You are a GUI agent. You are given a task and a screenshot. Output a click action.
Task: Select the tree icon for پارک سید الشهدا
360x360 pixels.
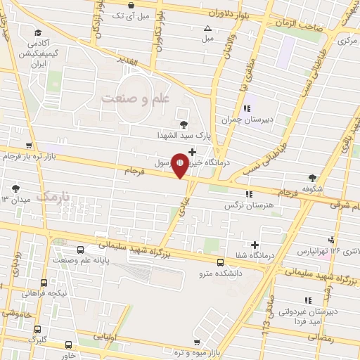(184, 124)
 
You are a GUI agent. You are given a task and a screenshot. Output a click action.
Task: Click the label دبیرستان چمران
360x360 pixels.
(246, 120)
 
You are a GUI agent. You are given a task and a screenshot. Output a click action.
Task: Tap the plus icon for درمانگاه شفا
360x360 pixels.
(254, 244)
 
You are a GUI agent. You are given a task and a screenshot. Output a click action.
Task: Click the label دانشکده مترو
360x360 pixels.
(220, 272)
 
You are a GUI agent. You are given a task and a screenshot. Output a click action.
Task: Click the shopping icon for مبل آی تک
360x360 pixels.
(131, 5)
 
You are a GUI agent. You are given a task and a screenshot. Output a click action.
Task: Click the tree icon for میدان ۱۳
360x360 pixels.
(16, 188)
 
